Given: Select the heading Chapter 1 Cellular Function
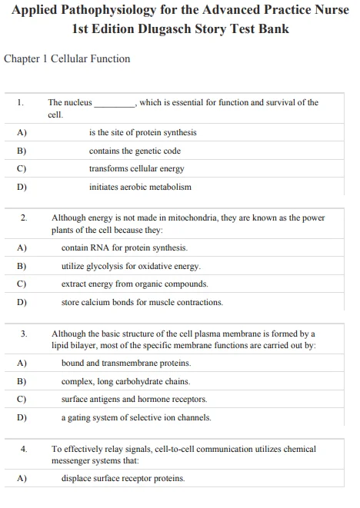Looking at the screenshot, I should click(x=67, y=59).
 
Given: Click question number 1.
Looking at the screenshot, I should click(x=21, y=102).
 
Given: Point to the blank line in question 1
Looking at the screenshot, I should click(x=115, y=103).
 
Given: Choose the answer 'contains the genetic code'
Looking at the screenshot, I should click(x=135, y=151).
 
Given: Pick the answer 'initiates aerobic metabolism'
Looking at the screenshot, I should click(x=140, y=187).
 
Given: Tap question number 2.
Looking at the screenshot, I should click(x=24, y=218).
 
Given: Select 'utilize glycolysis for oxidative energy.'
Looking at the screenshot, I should click(x=131, y=266).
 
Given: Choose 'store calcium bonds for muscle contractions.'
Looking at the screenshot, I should click(x=142, y=302).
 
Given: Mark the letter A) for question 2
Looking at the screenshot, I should click(x=22, y=248).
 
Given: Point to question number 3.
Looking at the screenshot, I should click(x=24, y=334).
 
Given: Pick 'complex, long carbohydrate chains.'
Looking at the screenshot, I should click(x=125, y=381).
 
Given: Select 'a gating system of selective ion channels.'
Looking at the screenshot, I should click(x=136, y=417).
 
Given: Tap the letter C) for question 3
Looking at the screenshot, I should click(x=22, y=400).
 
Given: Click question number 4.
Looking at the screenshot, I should click(x=24, y=449).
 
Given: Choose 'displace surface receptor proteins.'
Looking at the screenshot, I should click(x=123, y=478).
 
